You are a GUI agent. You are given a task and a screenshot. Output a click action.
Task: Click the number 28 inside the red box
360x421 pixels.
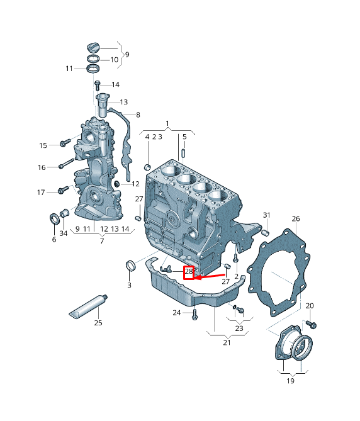coord(188,272)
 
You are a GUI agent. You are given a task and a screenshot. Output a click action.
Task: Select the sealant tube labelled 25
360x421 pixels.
coord(89,306)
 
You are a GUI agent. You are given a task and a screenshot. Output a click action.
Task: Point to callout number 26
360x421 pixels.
coord(296,219)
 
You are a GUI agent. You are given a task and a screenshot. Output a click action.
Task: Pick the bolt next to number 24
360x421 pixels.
coord(194,312)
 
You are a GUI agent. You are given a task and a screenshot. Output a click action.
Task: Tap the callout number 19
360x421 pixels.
coord(290,380)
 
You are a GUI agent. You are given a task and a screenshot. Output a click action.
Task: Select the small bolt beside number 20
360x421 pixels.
coord(312,324)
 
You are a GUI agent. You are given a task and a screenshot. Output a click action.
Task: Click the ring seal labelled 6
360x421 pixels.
coord(55,219)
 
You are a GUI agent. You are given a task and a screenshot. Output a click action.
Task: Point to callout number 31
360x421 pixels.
coord(266,215)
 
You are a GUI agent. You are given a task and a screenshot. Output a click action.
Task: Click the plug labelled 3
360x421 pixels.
coord(130,267)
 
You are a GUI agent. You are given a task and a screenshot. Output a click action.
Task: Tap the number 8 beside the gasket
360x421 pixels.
coord(138,115)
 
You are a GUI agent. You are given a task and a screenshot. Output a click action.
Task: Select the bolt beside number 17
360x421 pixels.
coord(62,190)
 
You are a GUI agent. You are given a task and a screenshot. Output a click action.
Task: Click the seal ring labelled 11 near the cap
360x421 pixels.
coord(93,67)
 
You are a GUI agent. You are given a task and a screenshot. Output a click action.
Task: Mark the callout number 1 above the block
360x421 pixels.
coord(168,123)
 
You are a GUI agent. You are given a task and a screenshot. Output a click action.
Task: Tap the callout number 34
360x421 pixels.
coord(63,233)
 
